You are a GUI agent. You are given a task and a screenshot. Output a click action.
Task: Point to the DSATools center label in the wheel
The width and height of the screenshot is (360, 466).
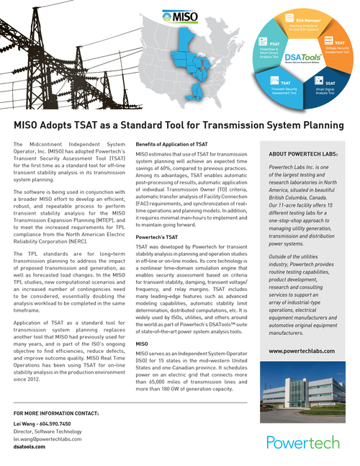click(302, 60)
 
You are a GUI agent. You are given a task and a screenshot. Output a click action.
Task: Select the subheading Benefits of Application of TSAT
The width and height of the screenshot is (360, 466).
click(171, 145)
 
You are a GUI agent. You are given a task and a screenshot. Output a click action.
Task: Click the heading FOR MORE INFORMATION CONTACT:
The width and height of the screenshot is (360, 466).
click(56, 413)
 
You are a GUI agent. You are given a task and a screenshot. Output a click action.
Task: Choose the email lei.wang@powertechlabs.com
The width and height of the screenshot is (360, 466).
click(48, 438)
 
